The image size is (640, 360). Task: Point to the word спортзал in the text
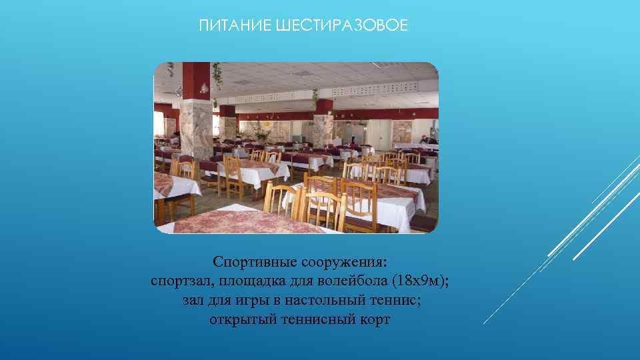pyautogui.click(x=180, y=281)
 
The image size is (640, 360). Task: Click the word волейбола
pyautogui.click(x=352, y=281)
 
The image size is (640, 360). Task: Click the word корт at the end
pyautogui.click(x=375, y=320)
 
